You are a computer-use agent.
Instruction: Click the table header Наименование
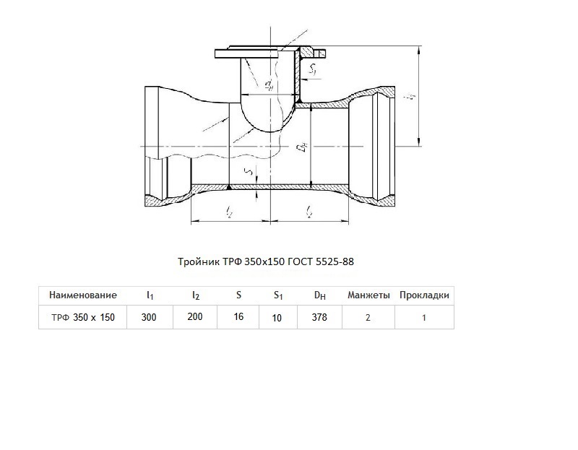(x=83, y=295)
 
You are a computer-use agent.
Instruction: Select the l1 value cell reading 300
(x=149, y=317)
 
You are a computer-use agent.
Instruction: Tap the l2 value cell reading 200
(x=195, y=316)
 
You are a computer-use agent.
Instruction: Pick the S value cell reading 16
(x=238, y=316)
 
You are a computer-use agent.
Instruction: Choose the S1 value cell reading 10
(x=277, y=318)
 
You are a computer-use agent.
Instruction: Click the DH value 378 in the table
(x=319, y=317)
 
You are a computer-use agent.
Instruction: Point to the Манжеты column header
(x=368, y=295)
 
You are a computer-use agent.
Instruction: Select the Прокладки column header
(x=424, y=295)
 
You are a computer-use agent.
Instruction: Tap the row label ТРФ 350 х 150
(x=83, y=317)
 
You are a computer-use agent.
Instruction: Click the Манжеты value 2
(x=368, y=318)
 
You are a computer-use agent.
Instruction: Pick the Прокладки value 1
(x=424, y=318)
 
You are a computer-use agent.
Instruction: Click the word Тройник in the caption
(x=199, y=261)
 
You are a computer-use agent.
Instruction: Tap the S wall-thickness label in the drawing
(x=249, y=172)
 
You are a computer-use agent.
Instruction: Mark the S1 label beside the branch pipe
(x=312, y=69)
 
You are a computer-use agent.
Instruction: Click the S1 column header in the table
(x=278, y=295)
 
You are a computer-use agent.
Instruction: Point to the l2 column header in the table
(x=196, y=295)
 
